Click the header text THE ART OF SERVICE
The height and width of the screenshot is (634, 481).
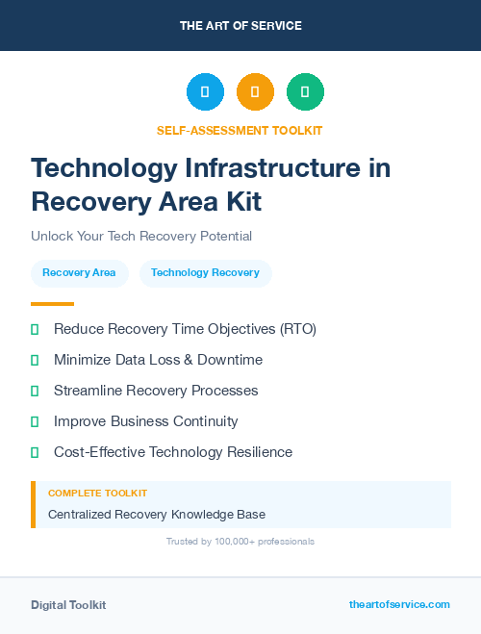pos(240,25)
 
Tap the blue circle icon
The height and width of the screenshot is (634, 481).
pos(205,91)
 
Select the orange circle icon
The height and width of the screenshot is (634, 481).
pos(255,91)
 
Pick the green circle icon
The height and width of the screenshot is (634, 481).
pos(305,91)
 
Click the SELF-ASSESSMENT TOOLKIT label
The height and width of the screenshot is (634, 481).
pos(240,130)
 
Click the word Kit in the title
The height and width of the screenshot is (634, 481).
pos(239,202)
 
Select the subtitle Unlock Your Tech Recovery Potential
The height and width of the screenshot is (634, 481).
pos(141,236)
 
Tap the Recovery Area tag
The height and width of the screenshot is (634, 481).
pos(79,273)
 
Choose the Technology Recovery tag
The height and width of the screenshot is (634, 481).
pos(205,273)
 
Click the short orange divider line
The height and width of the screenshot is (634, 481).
pos(52,303)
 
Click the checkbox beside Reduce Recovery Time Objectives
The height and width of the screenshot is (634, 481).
pos(35,330)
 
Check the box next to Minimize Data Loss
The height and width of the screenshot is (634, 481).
pos(35,361)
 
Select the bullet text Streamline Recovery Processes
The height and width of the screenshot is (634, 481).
pos(156,391)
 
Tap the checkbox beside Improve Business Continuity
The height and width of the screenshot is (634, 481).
pos(35,422)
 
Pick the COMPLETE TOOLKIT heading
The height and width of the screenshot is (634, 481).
pos(97,494)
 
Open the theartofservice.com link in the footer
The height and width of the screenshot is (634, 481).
pos(399,604)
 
